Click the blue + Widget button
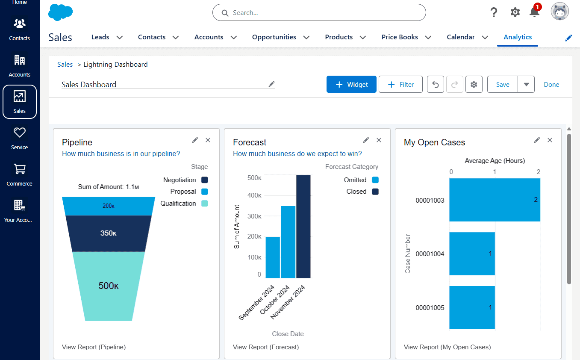351,85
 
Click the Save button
503,85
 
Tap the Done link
551,85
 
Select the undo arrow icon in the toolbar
436,85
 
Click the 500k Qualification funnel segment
109,286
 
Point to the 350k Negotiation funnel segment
109,233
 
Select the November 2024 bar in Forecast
303,227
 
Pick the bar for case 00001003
495,200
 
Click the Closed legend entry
362,192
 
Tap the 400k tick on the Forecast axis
254,195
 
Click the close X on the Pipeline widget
208,140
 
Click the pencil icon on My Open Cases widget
537,140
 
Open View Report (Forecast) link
265,347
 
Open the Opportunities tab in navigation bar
274,37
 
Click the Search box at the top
319,13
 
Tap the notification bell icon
534,12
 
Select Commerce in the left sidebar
20,174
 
